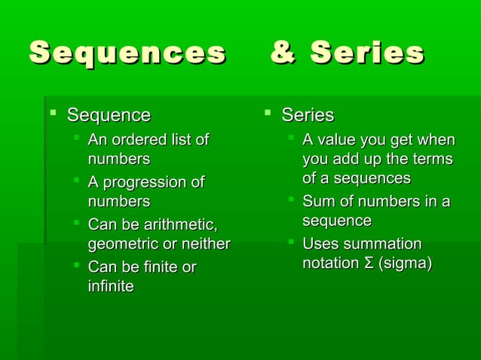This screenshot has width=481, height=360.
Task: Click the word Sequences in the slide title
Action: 127,53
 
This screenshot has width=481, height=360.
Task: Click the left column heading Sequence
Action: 109,115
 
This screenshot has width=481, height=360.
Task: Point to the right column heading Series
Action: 308,115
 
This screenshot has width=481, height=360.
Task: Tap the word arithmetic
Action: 179,225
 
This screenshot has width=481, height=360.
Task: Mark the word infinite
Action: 111,286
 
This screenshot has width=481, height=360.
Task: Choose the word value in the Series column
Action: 336,139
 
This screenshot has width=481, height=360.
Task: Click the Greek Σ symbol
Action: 369,264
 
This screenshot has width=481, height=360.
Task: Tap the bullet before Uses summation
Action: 290,243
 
